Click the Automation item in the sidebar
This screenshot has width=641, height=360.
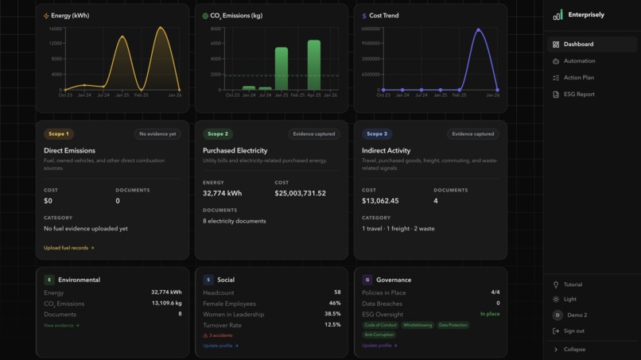(x=579, y=61)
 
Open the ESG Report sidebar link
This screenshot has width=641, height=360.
(x=579, y=95)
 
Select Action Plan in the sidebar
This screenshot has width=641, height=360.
(x=578, y=78)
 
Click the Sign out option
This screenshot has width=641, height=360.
(x=573, y=331)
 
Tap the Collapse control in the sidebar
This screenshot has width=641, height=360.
(x=574, y=349)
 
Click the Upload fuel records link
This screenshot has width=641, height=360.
(x=68, y=248)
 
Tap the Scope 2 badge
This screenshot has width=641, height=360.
(x=216, y=134)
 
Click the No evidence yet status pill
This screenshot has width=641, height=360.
(x=157, y=134)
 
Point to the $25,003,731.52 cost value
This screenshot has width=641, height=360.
(x=300, y=193)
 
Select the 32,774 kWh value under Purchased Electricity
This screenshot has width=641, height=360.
(x=222, y=193)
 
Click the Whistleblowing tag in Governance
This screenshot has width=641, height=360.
(x=418, y=325)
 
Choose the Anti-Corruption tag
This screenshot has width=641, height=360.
(x=380, y=335)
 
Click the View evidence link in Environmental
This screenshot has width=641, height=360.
(x=61, y=325)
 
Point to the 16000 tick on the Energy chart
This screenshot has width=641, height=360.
(x=55, y=29)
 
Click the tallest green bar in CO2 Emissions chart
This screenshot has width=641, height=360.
(x=313, y=65)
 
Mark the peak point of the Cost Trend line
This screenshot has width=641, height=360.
(x=479, y=30)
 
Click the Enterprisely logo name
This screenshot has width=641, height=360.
(x=586, y=15)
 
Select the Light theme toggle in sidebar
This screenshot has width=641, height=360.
(x=570, y=300)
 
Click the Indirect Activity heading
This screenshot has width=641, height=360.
(x=386, y=150)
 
